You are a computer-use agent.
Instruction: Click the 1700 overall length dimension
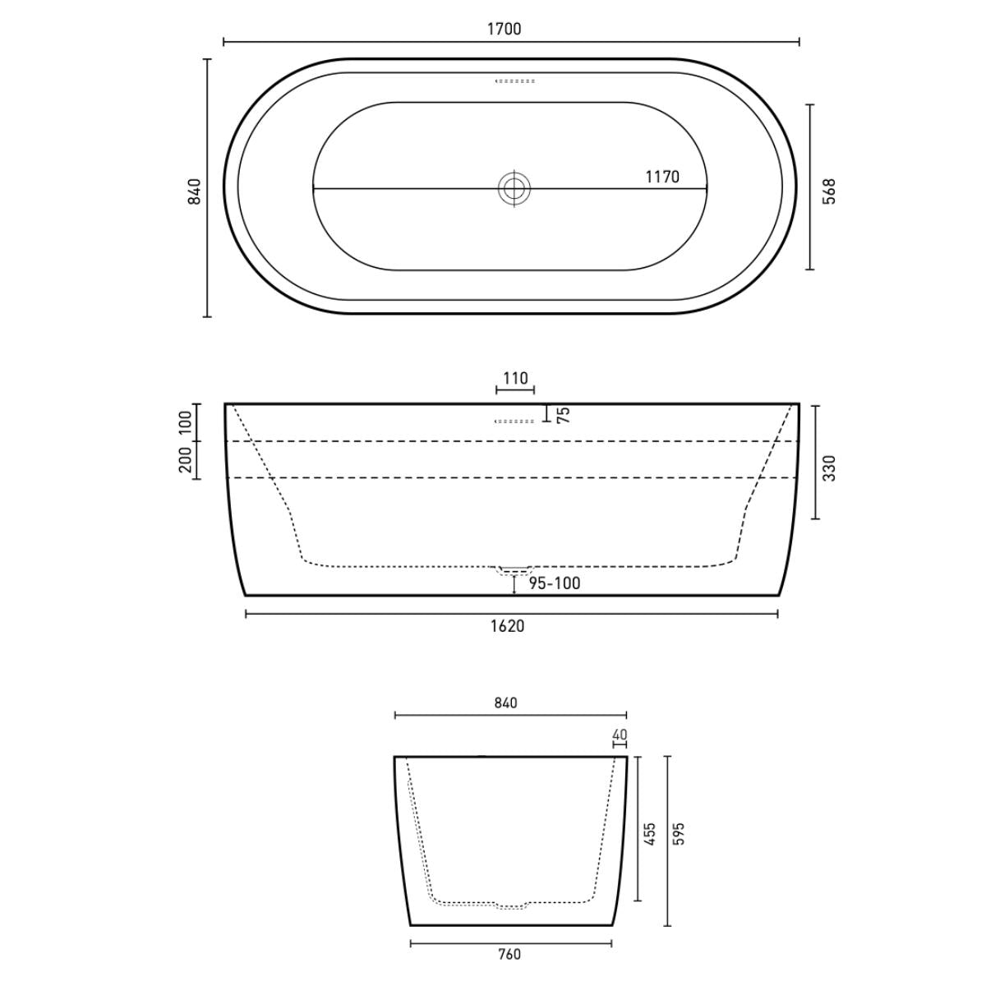(504, 30)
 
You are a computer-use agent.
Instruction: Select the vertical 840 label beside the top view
(195, 191)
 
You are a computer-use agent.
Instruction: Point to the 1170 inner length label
(661, 177)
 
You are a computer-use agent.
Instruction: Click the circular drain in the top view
(514, 188)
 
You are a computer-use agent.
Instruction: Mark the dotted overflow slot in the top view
(515, 81)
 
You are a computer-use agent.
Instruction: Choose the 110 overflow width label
(514, 379)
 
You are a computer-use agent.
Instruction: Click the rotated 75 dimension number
(564, 414)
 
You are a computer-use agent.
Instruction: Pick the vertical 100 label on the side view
(186, 422)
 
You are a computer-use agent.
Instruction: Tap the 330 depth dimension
(829, 468)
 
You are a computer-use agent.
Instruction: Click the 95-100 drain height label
(554, 583)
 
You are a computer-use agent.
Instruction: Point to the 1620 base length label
(507, 626)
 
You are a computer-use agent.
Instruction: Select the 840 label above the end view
(505, 703)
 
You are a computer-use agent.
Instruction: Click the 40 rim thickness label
(620, 735)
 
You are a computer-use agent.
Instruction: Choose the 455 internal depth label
(650, 836)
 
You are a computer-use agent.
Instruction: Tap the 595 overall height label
(679, 833)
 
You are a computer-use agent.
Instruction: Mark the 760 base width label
(509, 954)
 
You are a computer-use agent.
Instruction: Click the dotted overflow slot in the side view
(514, 422)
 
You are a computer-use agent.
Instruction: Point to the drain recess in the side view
(514, 569)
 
